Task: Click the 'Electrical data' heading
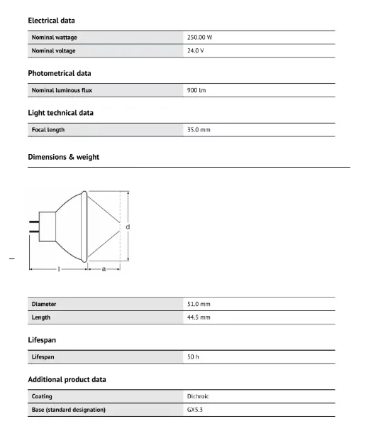(51, 21)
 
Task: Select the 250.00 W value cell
(200, 37)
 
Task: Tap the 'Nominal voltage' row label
(53, 51)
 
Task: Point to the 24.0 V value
(196, 51)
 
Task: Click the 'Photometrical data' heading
(59, 73)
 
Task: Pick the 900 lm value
(196, 90)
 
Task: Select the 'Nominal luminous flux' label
(62, 90)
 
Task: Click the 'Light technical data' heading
(60, 113)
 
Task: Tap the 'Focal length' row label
(48, 130)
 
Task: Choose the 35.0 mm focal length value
(199, 130)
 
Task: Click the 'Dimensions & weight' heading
(63, 157)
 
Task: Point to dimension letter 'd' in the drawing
(128, 227)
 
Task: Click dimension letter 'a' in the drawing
(104, 269)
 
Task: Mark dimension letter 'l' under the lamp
(58, 269)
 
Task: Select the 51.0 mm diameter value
(199, 304)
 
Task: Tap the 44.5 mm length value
(199, 317)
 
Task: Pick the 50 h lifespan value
(193, 356)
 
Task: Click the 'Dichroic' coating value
(198, 396)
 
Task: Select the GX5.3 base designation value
(196, 410)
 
